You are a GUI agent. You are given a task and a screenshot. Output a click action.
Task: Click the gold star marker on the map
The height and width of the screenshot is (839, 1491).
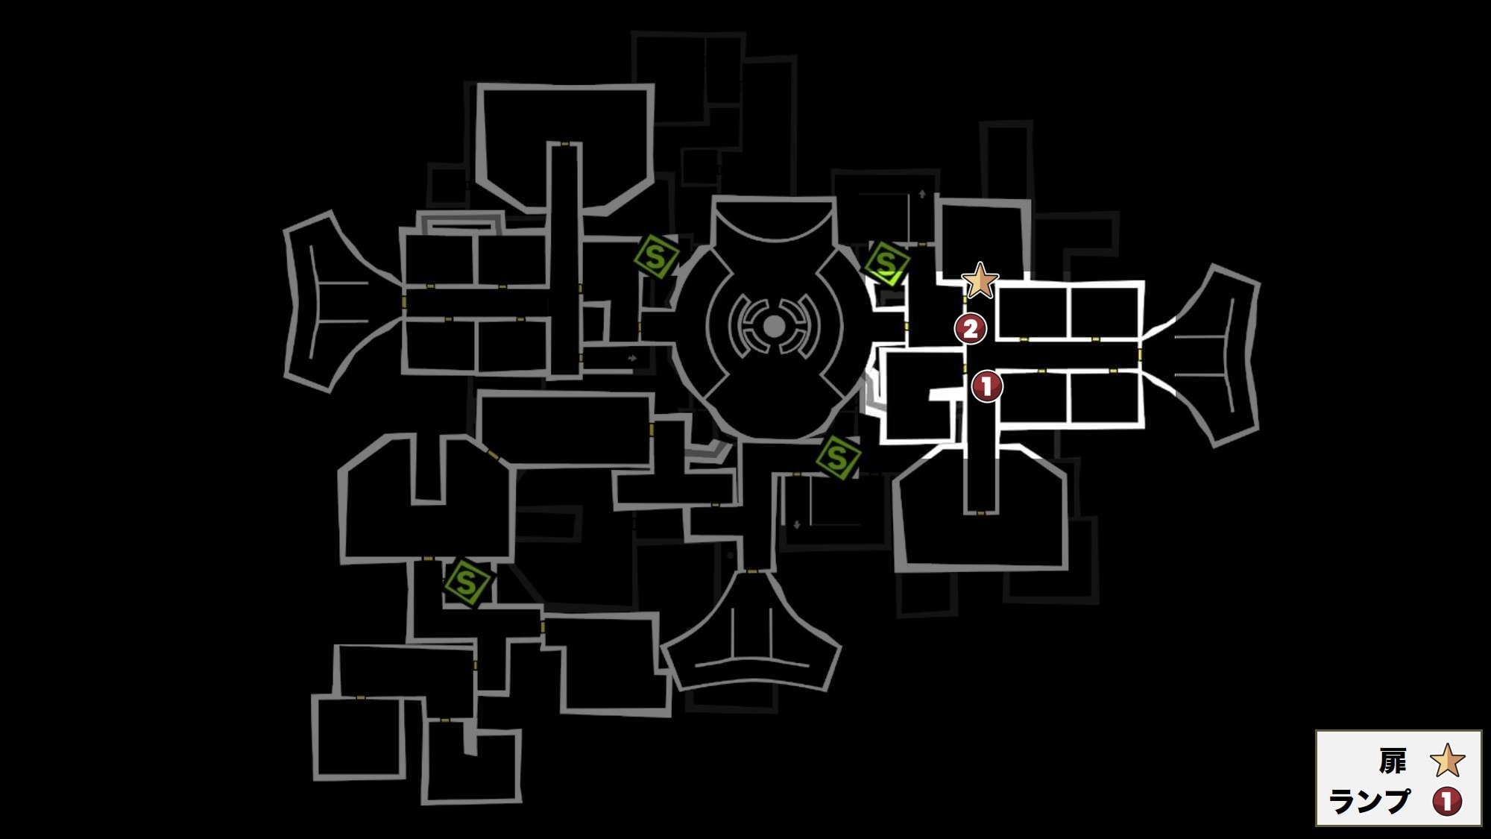click(x=980, y=281)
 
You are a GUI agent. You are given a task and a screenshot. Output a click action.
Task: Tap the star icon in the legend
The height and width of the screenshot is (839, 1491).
click(x=1447, y=761)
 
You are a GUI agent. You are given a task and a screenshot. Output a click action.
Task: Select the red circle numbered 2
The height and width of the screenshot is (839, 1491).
click(x=971, y=328)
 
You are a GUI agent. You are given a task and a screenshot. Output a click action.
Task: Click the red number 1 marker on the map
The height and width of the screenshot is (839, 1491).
click(x=987, y=386)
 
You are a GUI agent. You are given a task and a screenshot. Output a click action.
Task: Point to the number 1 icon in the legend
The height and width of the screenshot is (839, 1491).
click(x=1447, y=802)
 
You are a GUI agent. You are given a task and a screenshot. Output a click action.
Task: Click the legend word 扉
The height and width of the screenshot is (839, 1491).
click(x=1392, y=761)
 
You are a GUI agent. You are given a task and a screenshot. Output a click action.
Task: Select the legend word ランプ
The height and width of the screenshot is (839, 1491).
click(x=1369, y=802)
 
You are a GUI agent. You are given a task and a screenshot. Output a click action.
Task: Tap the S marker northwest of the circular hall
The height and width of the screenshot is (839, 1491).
click(x=656, y=257)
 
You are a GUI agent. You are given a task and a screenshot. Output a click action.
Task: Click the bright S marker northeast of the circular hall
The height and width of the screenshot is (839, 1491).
click(x=886, y=263)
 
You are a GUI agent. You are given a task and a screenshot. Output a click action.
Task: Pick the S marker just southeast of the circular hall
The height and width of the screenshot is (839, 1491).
click(x=837, y=457)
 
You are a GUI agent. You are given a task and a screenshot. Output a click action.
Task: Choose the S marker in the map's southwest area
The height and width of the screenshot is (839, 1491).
click(x=467, y=582)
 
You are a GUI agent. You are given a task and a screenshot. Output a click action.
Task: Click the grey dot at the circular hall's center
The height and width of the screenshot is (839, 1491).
click(x=774, y=326)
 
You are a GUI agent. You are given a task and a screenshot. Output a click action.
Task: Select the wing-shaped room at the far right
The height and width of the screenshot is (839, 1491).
click(x=1211, y=355)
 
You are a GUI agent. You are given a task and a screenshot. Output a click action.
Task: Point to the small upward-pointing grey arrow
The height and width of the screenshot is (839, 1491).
click(x=922, y=194)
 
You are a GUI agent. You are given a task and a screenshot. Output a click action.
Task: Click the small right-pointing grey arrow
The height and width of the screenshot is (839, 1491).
click(x=632, y=358)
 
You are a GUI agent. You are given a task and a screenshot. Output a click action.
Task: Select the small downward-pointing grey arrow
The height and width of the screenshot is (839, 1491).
click(x=797, y=525)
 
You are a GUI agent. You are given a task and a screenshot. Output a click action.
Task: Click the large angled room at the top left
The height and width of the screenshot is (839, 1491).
click(x=565, y=149)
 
